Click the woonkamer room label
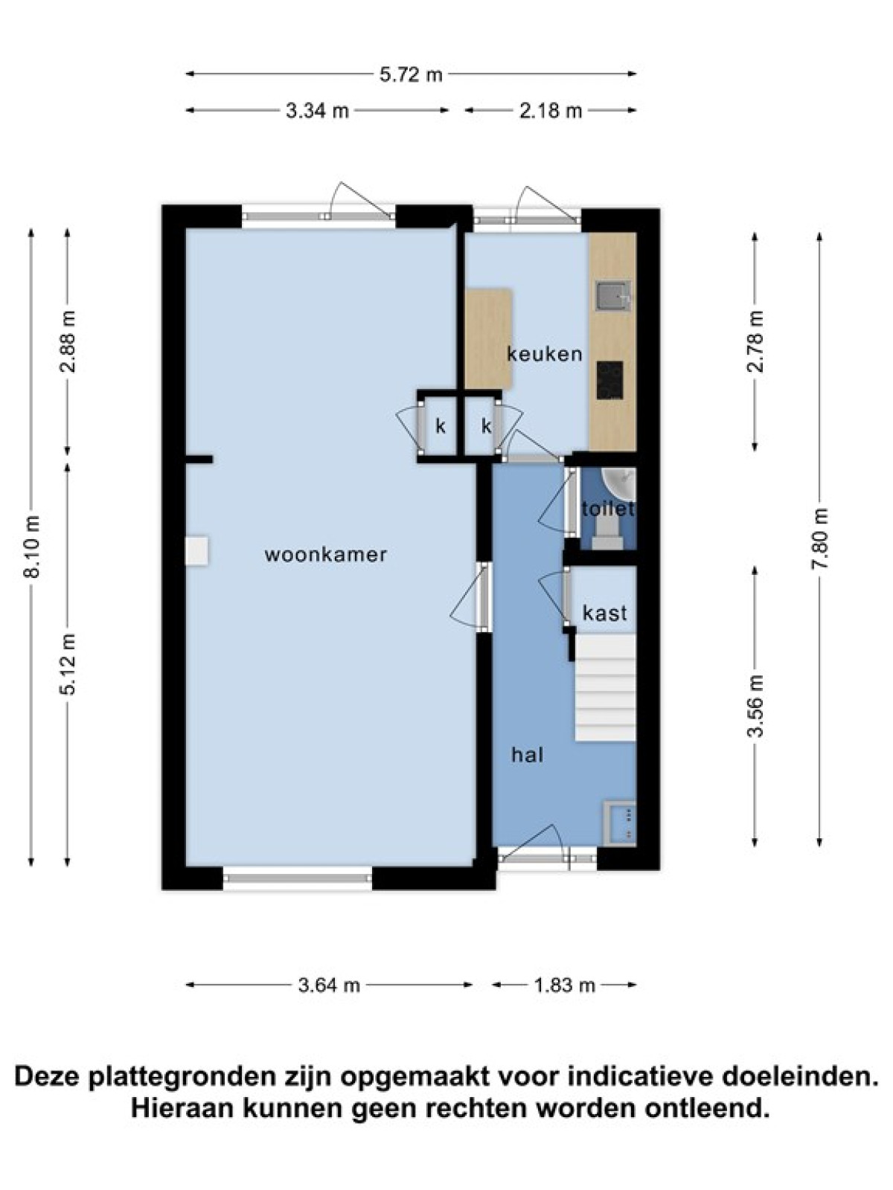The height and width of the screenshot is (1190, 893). click(x=325, y=555)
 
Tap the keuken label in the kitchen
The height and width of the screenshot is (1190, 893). click(x=545, y=354)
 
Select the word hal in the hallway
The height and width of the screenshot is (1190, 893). click(x=528, y=755)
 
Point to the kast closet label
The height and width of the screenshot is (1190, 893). click(x=604, y=613)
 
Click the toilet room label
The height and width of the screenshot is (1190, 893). click(x=607, y=509)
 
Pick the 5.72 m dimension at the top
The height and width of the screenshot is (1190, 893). click(x=411, y=74)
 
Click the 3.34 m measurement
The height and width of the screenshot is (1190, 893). click(x=317, y=111)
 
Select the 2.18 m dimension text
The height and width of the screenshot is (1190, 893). click(x=550, y=111)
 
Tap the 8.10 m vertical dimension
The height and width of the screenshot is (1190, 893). click(x=33, y=547)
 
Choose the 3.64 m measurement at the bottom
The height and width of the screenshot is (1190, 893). click(x=329, y=985)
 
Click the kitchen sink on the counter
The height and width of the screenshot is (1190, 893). click(x=613, y=296)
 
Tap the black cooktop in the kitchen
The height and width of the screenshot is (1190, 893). click(x=609, y=380)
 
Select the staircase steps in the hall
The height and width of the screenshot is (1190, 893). click(x=604, y=687)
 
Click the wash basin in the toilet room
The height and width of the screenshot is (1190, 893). click(x=620, y=483)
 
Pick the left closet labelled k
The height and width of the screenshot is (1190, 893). click(x=440, y=426)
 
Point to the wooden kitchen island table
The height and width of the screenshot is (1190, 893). click(x=488, y=338)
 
